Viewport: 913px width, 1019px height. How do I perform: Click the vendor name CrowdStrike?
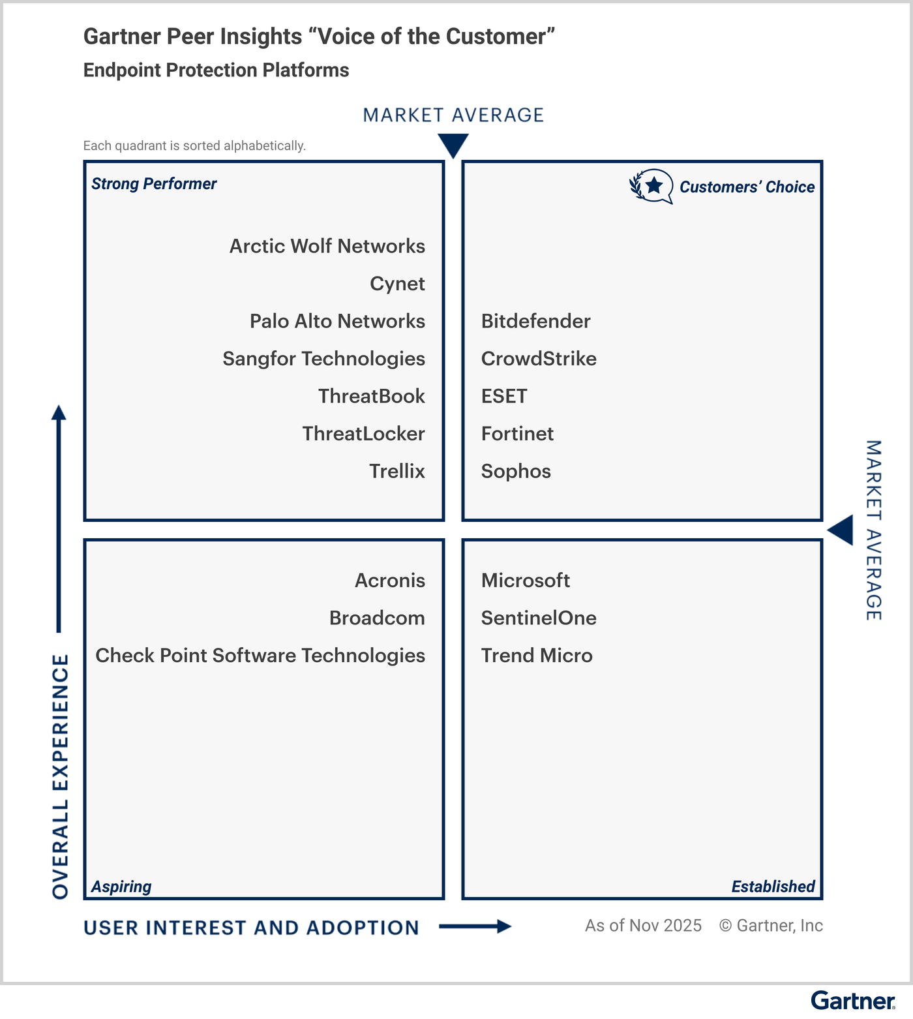click(539, 359)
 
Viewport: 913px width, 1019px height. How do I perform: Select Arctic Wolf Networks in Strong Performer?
click(327, 246)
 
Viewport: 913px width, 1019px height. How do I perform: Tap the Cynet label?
click(397, 284)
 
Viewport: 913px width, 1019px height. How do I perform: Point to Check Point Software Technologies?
click(260, 656)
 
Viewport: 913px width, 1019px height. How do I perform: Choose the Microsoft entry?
click(526, 581)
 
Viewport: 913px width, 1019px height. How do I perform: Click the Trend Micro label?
click(537, 656)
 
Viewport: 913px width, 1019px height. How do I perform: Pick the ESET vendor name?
click(504, 396)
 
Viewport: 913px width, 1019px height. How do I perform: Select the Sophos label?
click(516, 471)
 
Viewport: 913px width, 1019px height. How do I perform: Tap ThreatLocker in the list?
click(363, 434)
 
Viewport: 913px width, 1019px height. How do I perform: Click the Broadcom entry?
click(377, 618)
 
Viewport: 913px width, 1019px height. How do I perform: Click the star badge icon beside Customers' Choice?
click(651, 187)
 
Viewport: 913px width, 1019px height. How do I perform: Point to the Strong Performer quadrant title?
click(154, 184)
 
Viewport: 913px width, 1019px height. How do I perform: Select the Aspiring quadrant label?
click(121, 887)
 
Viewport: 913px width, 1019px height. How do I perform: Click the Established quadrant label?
click(773, 887)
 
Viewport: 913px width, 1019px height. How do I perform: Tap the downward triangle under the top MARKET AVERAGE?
click(453, 144)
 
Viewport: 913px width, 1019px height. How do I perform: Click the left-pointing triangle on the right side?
click(842, 530)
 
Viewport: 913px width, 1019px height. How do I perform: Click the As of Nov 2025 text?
click(643, 926)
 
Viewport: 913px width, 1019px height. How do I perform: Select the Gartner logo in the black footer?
click(853, 1001)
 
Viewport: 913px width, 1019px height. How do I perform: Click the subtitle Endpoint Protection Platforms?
click(216, 70)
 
